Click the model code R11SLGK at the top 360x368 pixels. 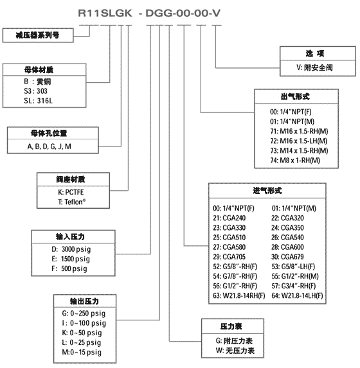(105, 13)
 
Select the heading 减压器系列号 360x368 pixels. (37, 35)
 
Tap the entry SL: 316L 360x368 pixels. (39, 101)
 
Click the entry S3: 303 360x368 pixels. (35, 91)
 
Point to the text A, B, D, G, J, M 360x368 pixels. (49, 146)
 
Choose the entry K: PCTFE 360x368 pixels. (71, 192)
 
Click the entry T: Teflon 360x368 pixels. (71, 202)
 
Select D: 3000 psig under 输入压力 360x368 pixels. (71, 249)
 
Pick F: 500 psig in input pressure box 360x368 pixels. (69, 268)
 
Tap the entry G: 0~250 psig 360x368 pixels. (84, 313)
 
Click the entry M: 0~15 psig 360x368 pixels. (82, 352)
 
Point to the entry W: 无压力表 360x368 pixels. (235, 351)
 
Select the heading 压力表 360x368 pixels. (231, 326)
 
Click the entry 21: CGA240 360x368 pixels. (230, 218)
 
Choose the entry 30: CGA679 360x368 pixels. (287, 257)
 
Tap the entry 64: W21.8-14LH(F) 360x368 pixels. (297, 295)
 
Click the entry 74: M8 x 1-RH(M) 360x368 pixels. (295, 161)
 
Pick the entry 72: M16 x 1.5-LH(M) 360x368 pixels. (299, 141)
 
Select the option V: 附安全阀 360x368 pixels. (314, 68)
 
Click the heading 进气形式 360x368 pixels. (267, 191)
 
